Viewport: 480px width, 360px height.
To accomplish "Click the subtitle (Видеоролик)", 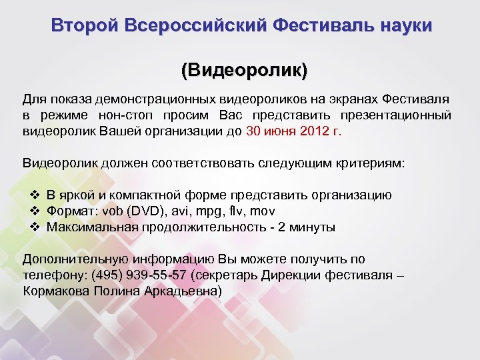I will [244, 69].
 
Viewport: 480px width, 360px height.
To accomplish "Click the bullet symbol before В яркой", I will [37, 195].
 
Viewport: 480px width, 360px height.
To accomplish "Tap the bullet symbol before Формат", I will [37, 211].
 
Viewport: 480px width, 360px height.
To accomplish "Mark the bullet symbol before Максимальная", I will [37, 227].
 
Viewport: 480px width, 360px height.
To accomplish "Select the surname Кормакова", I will [57, 291].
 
